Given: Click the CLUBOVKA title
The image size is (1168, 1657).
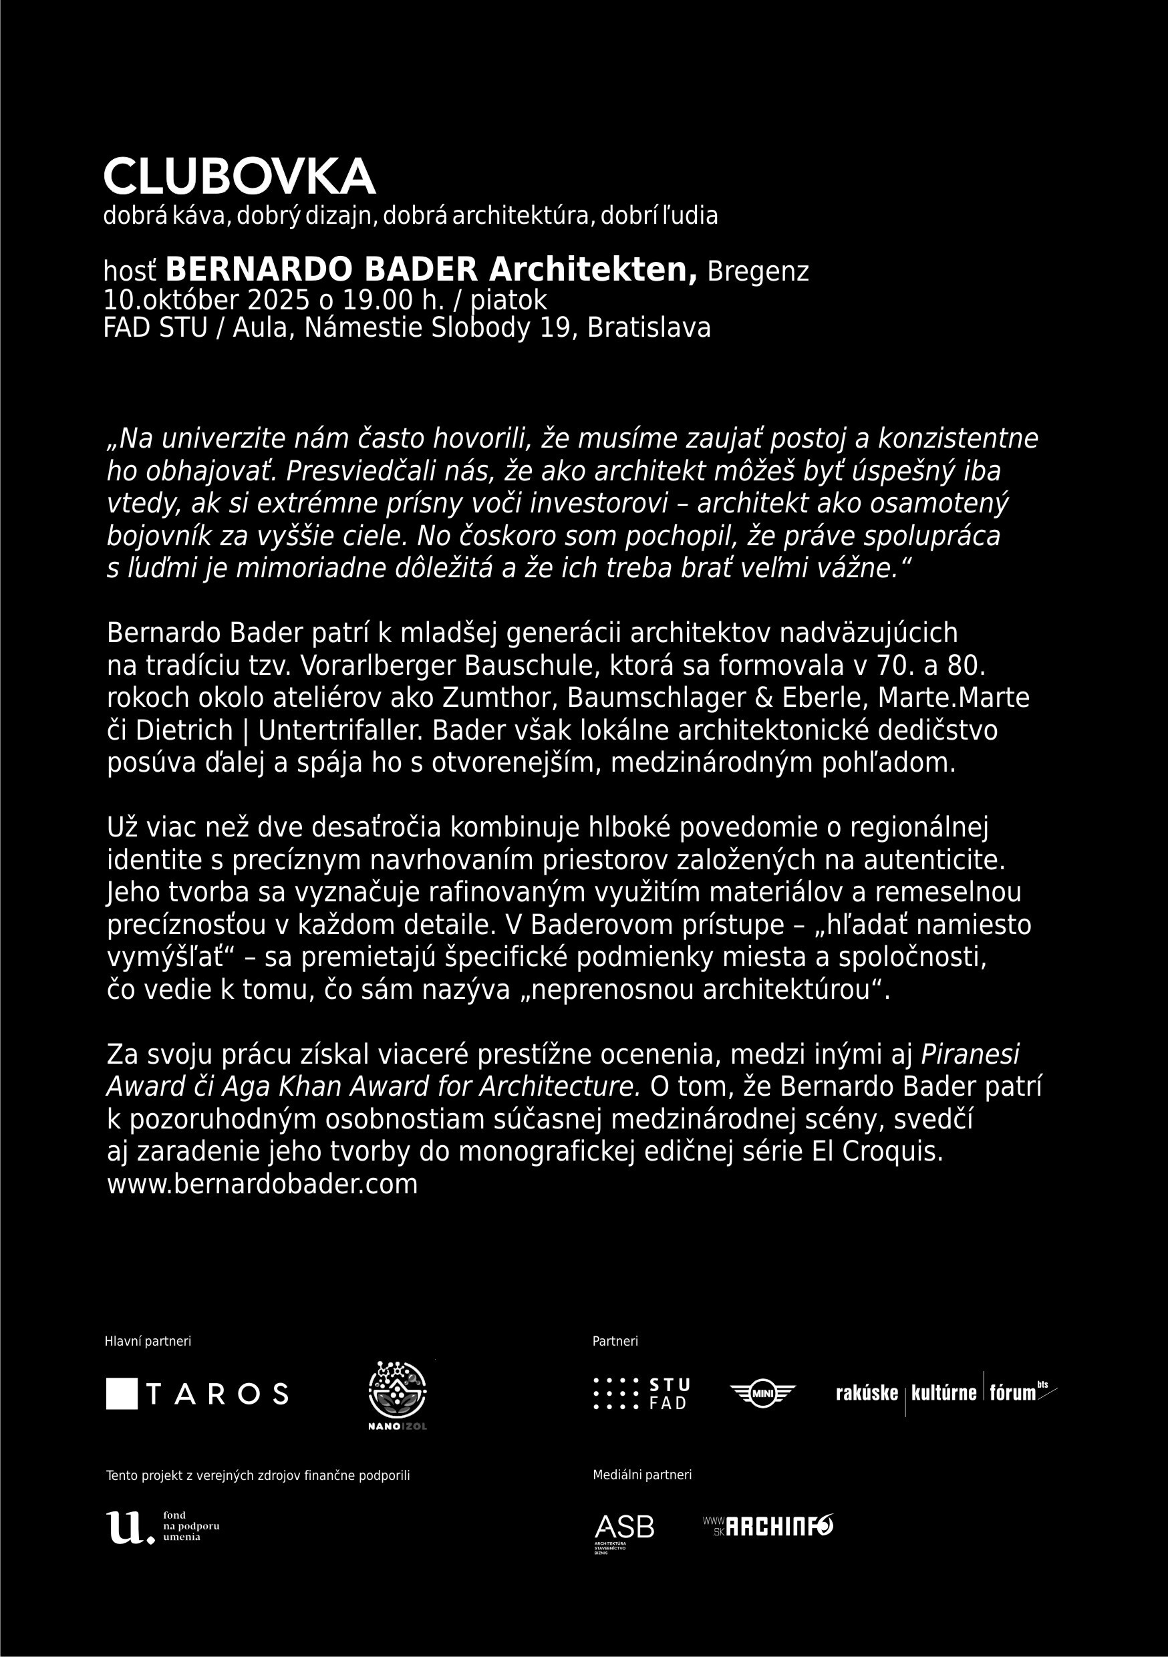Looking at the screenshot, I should click(x=239, y=177).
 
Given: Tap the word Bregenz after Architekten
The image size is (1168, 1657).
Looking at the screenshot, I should click(x=758, y=271).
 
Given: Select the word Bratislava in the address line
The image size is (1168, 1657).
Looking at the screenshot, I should click(x=648, y=327).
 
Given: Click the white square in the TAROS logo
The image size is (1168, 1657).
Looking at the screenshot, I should click(x=121, y=1394).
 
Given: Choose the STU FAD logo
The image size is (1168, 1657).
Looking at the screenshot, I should click(x=641, y=1394).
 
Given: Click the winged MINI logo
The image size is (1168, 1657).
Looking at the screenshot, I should click(x=762, y=1393).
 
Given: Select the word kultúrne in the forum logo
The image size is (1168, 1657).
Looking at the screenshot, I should click(x=943, y=1393).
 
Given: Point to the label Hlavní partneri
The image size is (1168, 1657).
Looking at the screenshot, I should click(x=148, y=1342).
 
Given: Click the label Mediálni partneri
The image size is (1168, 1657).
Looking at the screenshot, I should click(x=641, y=1475).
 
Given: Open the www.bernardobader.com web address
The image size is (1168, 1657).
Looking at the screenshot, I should click(x=262, y=1185).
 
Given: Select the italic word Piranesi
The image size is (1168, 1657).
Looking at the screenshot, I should click(x=970, y=1054).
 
